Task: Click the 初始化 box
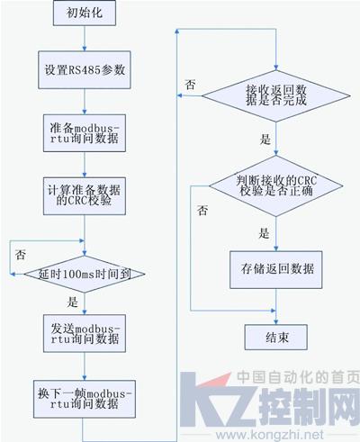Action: pos(85,13)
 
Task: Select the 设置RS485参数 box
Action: pos(85,70)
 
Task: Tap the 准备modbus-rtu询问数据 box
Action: pos(85,133)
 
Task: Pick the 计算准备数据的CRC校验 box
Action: pos(85,196)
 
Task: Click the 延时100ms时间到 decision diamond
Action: pos(85,274)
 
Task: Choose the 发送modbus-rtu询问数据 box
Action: pos(85,333)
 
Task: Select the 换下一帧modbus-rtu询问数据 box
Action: pos(85,399)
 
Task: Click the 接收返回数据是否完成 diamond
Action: pos(276,96)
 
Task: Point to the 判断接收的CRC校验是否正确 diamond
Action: pos(276,186)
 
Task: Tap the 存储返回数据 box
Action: pos(276,270)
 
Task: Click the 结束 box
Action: pos(276,337)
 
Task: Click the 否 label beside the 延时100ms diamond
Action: pos(21,255)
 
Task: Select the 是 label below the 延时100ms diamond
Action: pos(72,302)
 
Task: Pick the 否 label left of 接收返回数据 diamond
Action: pos(191,85)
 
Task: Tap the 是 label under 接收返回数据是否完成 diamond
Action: pos(265,140)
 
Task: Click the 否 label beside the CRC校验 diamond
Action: pos(202,211)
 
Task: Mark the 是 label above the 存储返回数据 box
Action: pos(264,233)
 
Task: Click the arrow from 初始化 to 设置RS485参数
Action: pos(85,39)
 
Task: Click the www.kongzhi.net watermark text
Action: pos(270,435)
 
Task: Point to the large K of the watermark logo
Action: pos(207,399)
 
